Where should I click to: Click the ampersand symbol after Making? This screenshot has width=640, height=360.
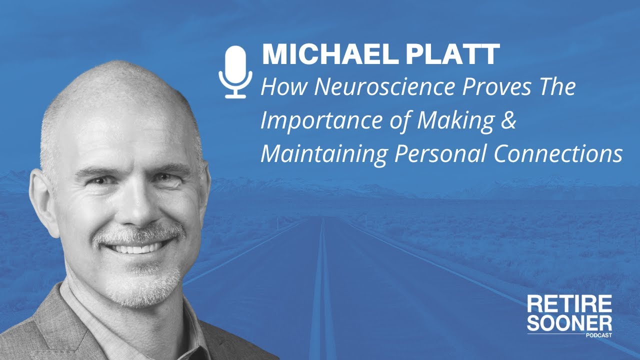pyautogui.click(x=507, y=121)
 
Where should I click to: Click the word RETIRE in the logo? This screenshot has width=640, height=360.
pyautogui.click(x=569, y=303)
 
